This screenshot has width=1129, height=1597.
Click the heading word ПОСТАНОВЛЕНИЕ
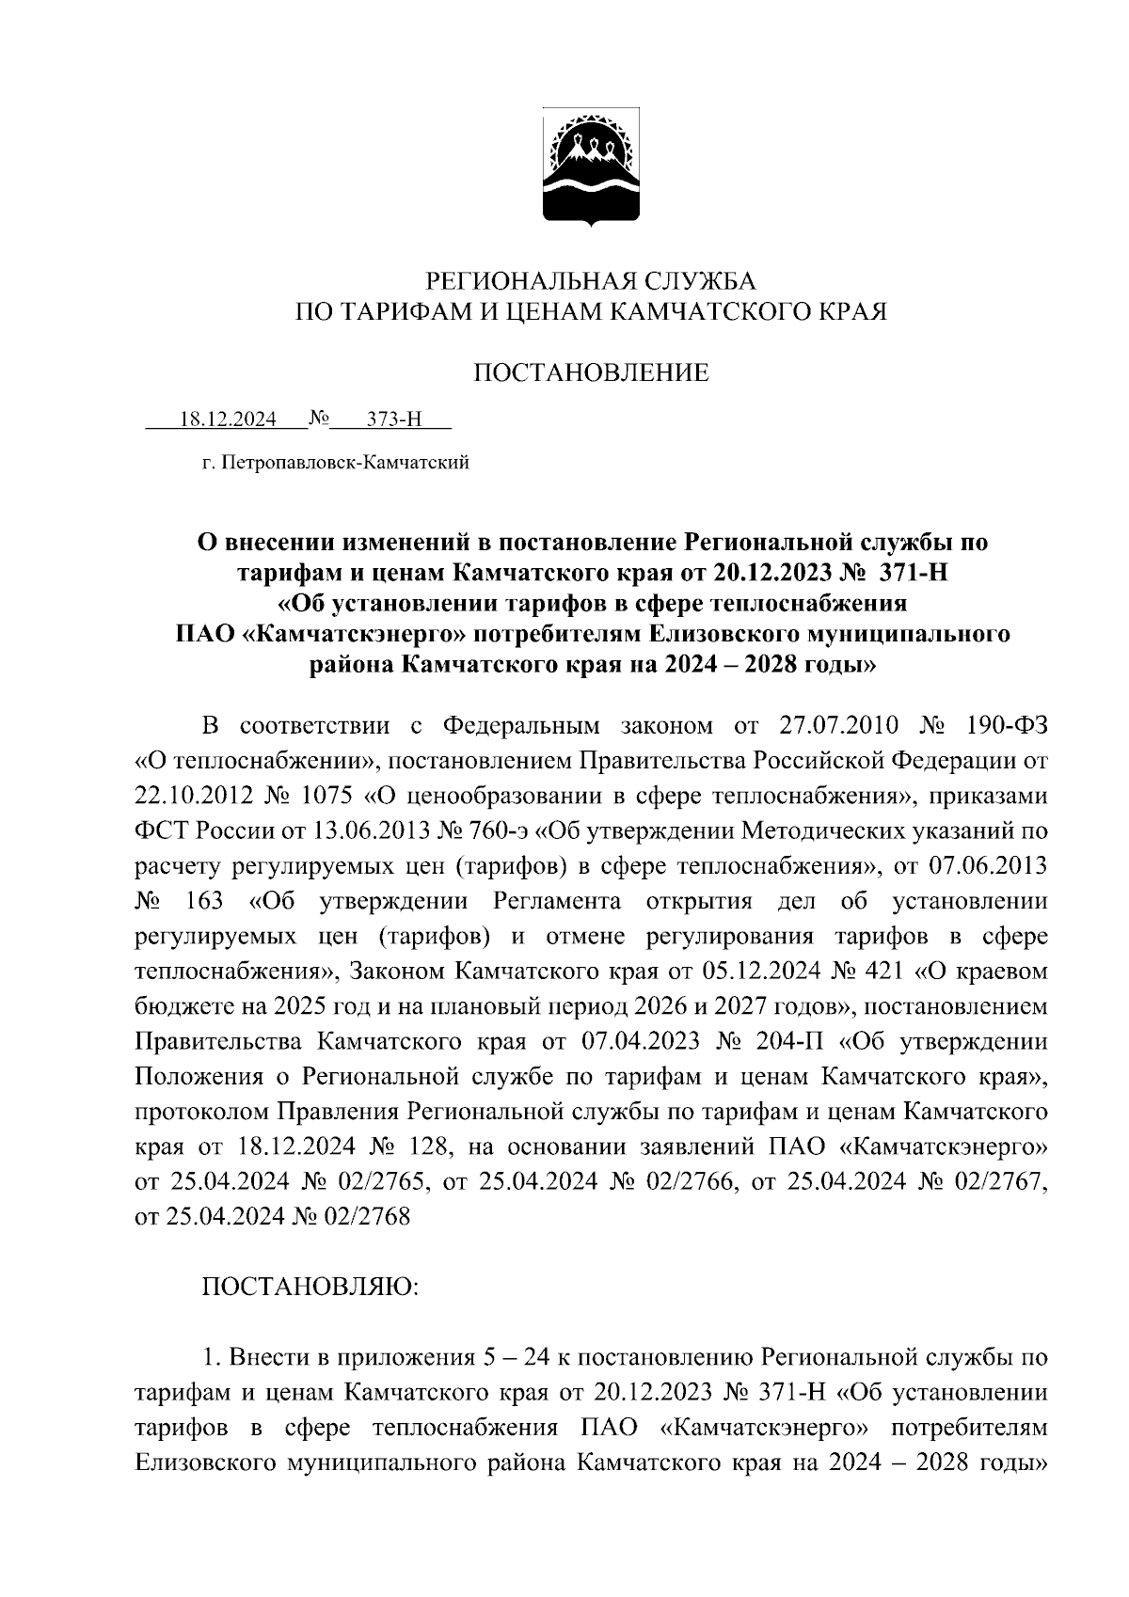coord(590,373)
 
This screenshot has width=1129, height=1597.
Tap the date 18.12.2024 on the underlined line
coord(228,419)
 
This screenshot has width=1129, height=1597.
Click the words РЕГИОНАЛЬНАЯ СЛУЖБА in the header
coord(591,280)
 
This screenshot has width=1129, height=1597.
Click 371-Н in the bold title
coord(907,573)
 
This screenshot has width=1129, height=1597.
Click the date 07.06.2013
coord(988,866)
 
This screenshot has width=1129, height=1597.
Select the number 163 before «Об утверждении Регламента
coord(204,901)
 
